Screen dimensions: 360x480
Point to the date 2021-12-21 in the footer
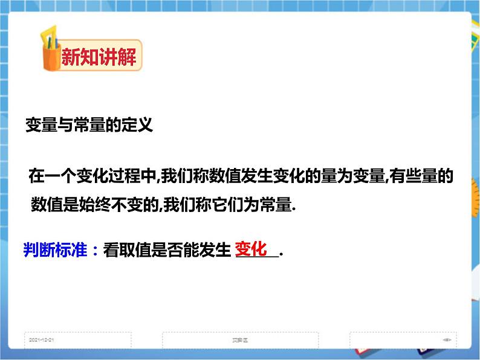pos(42,340)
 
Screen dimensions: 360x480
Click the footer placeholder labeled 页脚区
pos(240,340)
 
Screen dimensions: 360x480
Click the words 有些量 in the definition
pos(414,176)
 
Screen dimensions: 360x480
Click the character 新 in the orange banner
pos(70,57)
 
